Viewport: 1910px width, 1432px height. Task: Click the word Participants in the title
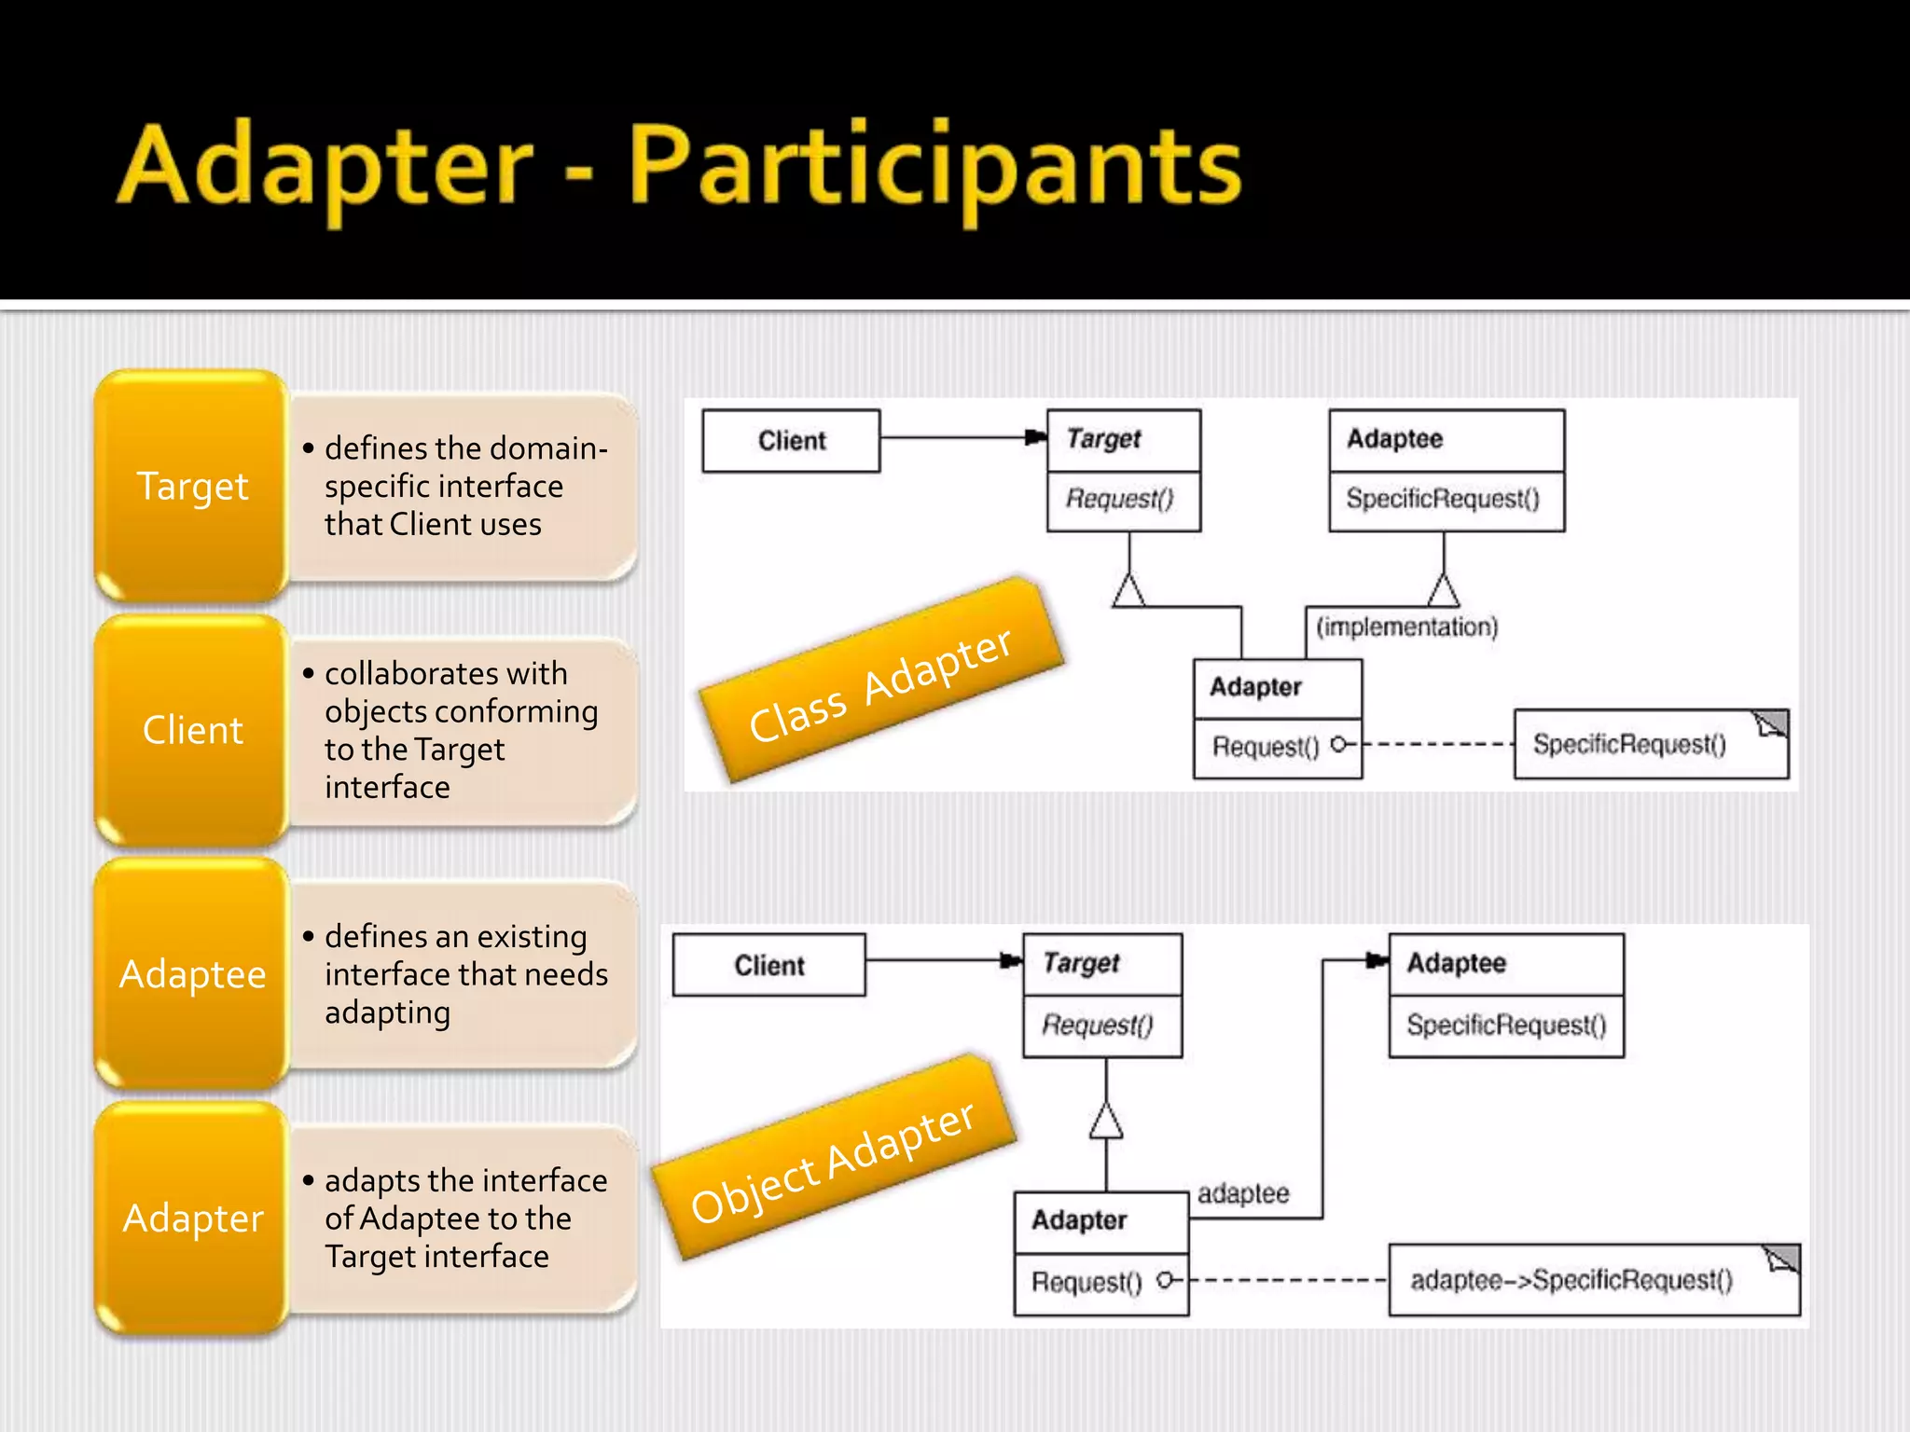pyautogui.click(x=934, y=168)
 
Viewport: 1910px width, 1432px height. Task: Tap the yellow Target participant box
pyautogui.click(x=192, y=486)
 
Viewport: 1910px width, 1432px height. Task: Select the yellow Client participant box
pyautogui.click(x=192, y=730)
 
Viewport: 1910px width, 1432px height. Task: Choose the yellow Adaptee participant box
pyautogui.click(x=192, y=974)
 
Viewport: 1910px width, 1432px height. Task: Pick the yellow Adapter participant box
pyautogui.click(x=192, y=1219)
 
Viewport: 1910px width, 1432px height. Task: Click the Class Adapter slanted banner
pyautogui.click(x=880, y=683)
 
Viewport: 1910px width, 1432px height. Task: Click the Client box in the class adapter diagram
pyautogui.click(x=791, y=441)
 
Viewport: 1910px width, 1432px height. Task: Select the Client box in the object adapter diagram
pyautogui.click(x=768, y=965)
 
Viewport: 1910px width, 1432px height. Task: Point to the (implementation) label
pyautogui.click(x=1406, y=626)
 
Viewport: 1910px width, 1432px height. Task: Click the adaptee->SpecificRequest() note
pyautogui.click(x=1571, y=1280)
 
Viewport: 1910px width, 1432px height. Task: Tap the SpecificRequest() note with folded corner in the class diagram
pyautogui.click(x=1629, y=744)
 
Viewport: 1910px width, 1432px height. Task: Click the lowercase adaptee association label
pyautogui.click(x=1243, y=1193)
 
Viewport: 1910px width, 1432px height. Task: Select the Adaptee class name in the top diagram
pyautogui.click(x=1394, y=438)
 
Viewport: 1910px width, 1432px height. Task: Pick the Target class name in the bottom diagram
pyautogui.click(x=1081, y=962)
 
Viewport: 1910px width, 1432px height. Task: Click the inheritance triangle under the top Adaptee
pyautogui.click(x=1443, y=591)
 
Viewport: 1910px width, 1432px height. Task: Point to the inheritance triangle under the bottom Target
pyautogui.click(x=1106, y=1121)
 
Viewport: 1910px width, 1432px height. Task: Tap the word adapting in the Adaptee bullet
pyautogui.click(x=387, y=1013)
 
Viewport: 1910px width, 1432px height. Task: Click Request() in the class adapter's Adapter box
pyautogui.click(x=1266, y=747)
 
